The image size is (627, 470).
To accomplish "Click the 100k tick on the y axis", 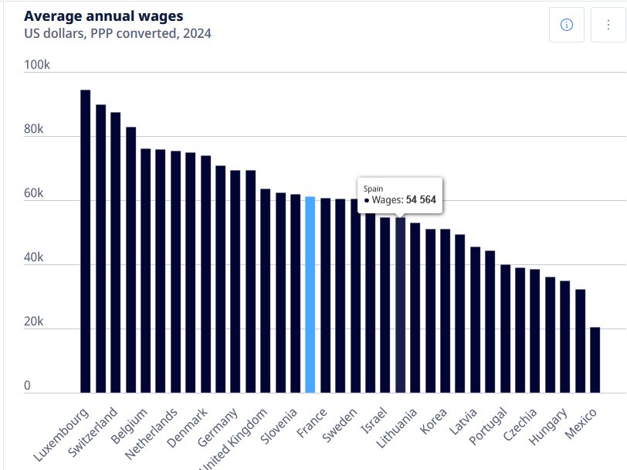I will (37, 65).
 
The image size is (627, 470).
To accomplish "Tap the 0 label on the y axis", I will (27, 386).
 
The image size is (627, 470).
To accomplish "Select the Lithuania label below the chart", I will (397, 429).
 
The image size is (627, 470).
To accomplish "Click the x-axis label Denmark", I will (188, 427).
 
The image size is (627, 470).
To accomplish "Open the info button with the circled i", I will (566, 26).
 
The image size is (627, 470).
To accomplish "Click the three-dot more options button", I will (608, 26).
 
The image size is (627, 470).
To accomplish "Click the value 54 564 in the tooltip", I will (421, 199).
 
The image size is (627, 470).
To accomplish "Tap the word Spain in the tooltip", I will (374, 188).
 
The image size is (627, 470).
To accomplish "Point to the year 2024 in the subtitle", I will (195, 33).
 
